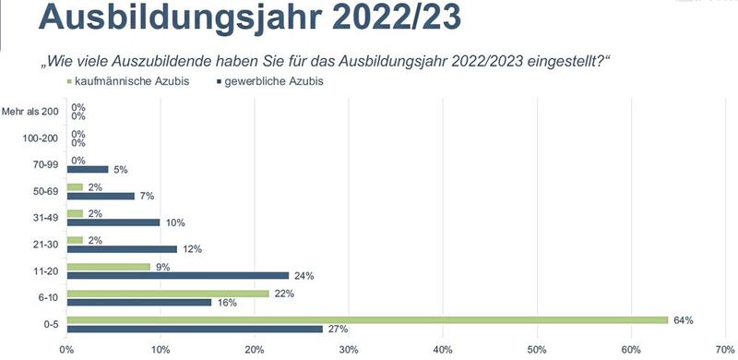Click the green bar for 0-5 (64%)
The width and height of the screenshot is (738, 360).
pyautogui.click(x=367, y=320)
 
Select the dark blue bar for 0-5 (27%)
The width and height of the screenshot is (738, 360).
pyautogui.click(x=195, y=330)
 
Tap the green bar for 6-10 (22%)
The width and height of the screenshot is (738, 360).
pyautogui.click(x=169, y=294)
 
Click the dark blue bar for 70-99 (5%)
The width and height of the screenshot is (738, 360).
pyautogui.click(x=88, y=169)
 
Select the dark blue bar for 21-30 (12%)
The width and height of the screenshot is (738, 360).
pyautogui.click(x=122, y=249)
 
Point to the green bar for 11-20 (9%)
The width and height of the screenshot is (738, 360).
pyautogui.click(x=109, y=267)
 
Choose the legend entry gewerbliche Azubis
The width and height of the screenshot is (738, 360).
pyautogui.click(x=272, y=81)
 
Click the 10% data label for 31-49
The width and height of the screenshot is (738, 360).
pyautogui.click(x=175, y=222)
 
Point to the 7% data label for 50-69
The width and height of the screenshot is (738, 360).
pyautogui.click(x=145, y=196)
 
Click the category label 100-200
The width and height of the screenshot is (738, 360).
pyautogui.click(x=40, y=138)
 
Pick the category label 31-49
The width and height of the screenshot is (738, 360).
pyautogui.click(x=43, y=218)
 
